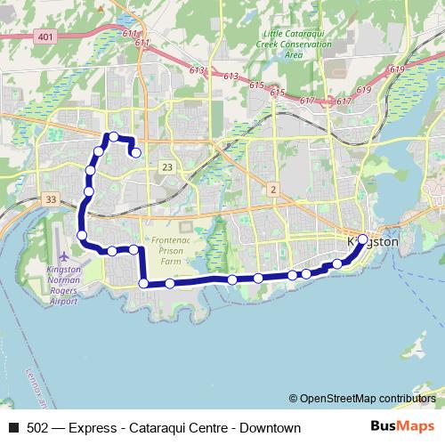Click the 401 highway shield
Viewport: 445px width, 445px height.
click(44, 36)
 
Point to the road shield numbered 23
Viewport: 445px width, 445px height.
click(167, 166)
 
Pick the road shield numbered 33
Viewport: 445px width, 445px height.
click(50, 199)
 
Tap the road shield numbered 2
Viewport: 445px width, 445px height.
click(272, 189)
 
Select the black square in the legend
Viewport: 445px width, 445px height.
click(13, 429)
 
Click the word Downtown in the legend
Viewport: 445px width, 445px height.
click(271, 429)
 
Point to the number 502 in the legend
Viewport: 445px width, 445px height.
click(38, 429)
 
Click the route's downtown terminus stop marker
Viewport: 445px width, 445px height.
click(362, 239)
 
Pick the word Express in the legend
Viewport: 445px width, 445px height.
click(93, 429)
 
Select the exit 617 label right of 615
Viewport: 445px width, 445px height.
click(307, 101)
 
